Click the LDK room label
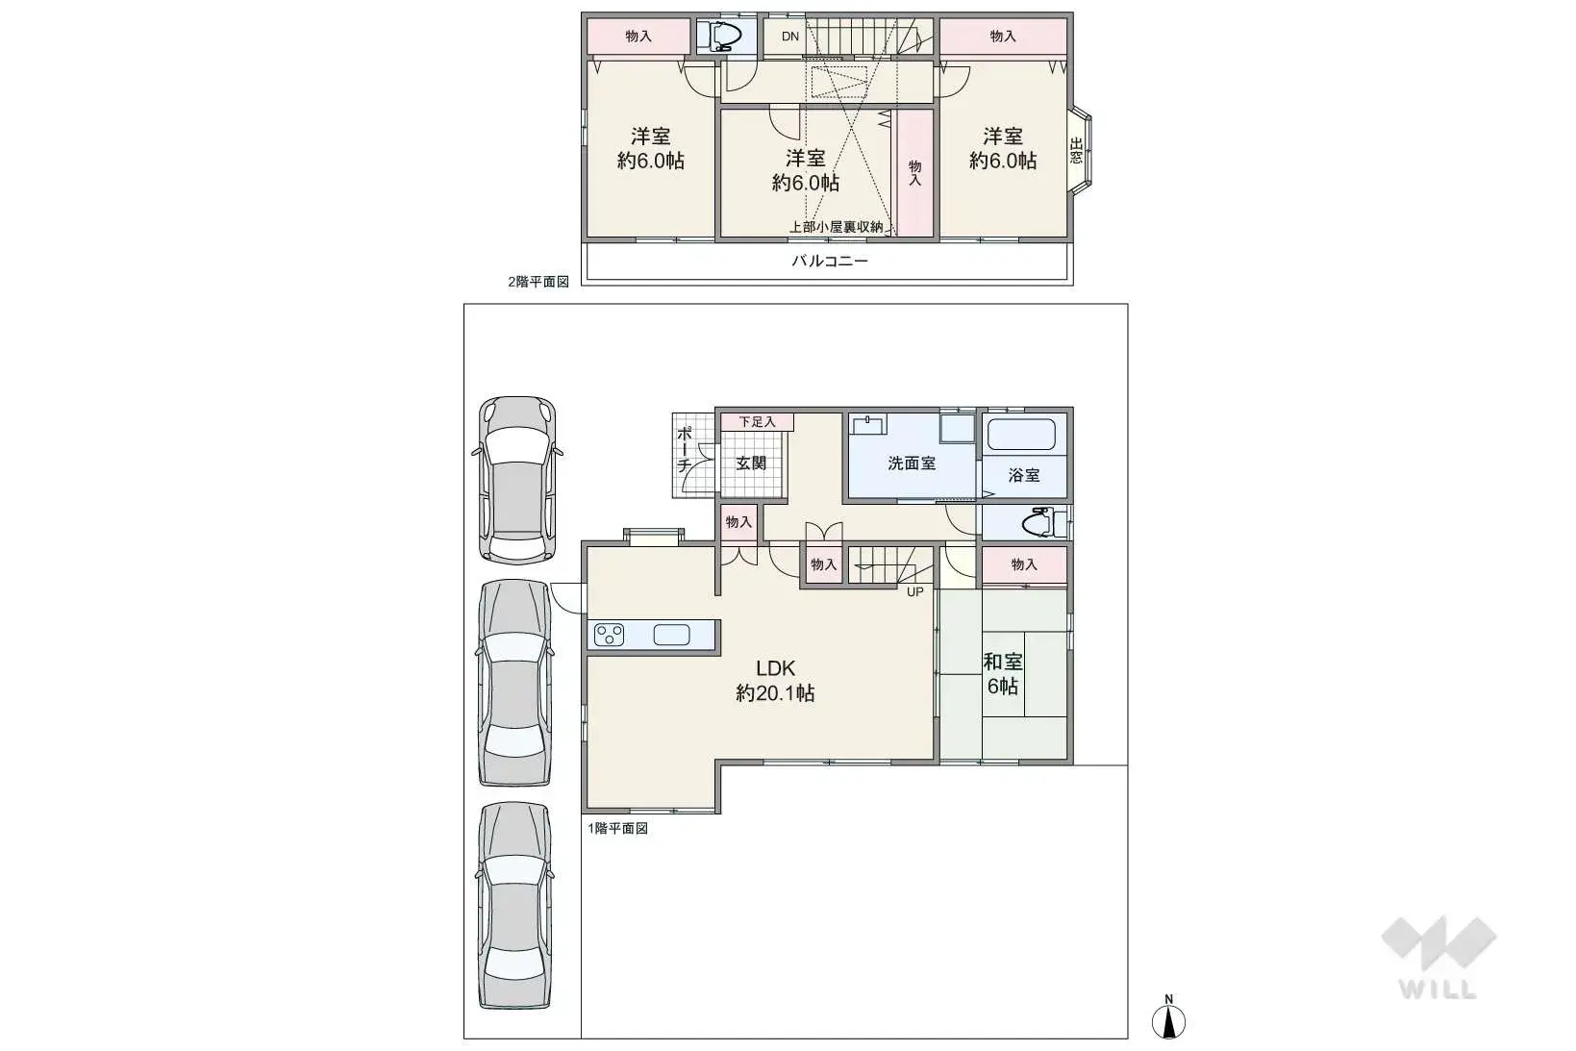pyautogui.click(x=775, y=681)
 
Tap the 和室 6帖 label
pyautogui.click(x=1002, y=673)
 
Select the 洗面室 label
pyautogui.click(x=911, y=463)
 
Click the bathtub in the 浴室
pyautogui.click(x=1021, y=435)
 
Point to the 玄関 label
pyautogui.click(x=751, y=463)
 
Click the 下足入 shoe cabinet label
pyautogui.click(x=757, y=421)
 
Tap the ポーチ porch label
pyautogui.click(x=684, y=450)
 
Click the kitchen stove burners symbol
pyautogui.click(x=610, y=635)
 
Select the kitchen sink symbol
pyautogui.click(x=671, y=635)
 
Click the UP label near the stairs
pyautogui.click(x=914, y=591)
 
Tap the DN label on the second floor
pyautogui.click(x=789, y=37)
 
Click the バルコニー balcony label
pyautogui.click(x=830, y=261)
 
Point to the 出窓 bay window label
pyautogui.click(x=1076, y=151)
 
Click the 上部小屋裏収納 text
pyautogui.click(x=836, y=227)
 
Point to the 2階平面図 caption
pyautogui.click(x=538, y=282)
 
